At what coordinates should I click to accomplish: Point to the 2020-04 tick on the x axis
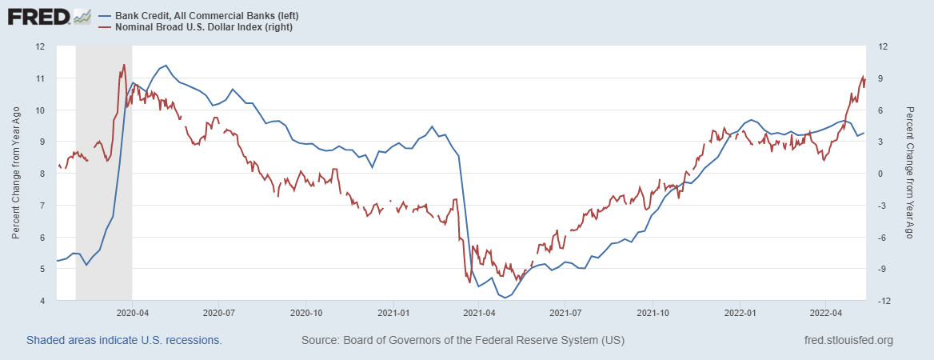click(132, 312)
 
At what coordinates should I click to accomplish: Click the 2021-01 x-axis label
click(393, 312)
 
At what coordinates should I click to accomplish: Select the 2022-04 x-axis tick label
click(827, 312)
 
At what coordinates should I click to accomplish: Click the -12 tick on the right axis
click(881, 301)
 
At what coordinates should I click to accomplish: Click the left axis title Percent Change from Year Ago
click(16, 174)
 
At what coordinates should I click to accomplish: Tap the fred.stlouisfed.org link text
click(848, 341)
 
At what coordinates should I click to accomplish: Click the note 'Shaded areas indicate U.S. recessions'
click(124, 341)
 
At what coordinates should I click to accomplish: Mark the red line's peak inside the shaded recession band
click(124, 65)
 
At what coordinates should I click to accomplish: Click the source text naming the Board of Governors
click(463, 341)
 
